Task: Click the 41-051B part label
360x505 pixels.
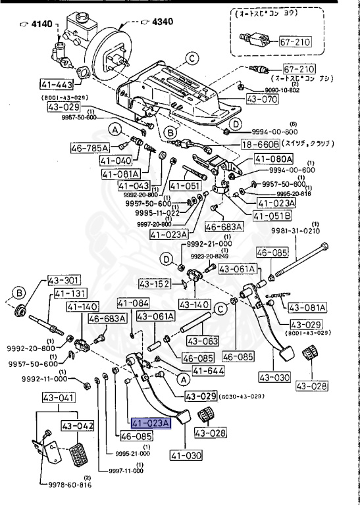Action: pyautogui.click(x=270, y=215)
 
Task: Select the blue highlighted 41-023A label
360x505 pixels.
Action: pyautogui.click(x=151, y=423)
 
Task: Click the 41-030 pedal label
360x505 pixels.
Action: pyautogui.click(x=186, y=454)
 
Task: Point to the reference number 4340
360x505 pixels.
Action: pyautogui.click(x=162, y=22)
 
